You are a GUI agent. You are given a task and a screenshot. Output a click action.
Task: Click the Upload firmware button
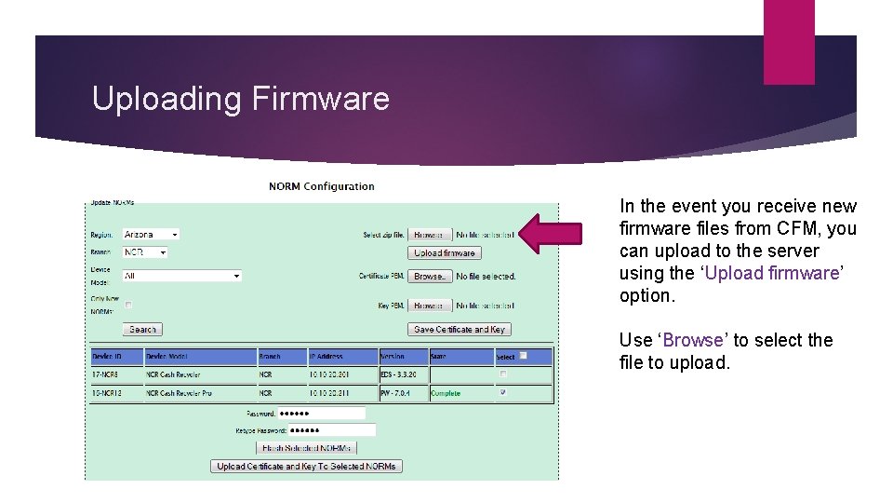[x=445, y=253]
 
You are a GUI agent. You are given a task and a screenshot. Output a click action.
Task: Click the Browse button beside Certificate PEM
[x=430, y=277]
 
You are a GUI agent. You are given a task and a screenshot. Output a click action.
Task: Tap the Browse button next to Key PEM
[x=430, y=306]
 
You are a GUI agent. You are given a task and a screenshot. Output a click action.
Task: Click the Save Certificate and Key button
[x=460, y=330]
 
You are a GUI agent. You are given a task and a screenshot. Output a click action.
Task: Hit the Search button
[x=142, y=330]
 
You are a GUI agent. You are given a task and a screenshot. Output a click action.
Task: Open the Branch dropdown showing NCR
[x=145, y=252]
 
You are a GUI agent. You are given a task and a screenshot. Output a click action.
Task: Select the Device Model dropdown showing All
[x=182, y=276]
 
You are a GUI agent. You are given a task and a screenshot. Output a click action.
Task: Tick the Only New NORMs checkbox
[x=128, y=305]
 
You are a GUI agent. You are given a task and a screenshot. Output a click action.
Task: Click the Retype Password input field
[x=331, y=430]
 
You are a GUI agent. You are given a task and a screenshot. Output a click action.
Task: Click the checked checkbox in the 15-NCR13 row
[x=503, y=393]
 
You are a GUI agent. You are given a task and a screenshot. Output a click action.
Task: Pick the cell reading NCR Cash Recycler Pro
[x=199, y=393]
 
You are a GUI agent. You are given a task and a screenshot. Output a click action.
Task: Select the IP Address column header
[x=341, y=357]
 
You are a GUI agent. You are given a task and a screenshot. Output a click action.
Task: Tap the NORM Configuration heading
[x=322, y=186]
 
